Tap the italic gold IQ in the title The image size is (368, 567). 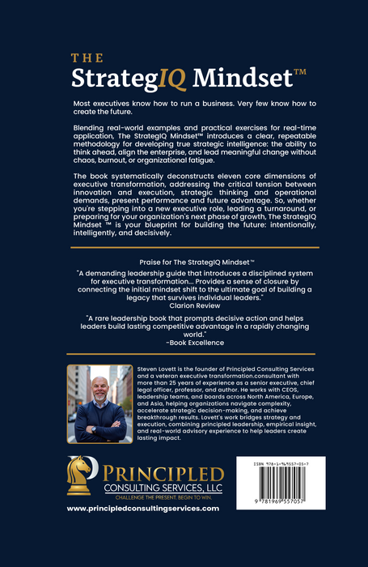(171, 78)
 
